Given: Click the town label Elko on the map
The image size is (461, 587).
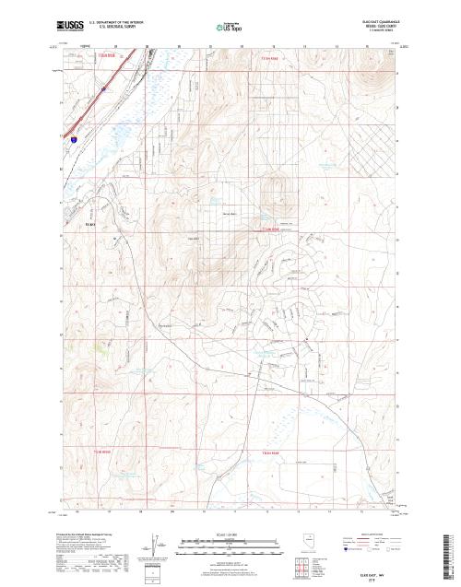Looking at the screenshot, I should point(90,222).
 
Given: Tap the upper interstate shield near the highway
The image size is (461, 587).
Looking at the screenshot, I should point(105,89).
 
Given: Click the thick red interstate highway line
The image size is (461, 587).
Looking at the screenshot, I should point(88,109).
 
